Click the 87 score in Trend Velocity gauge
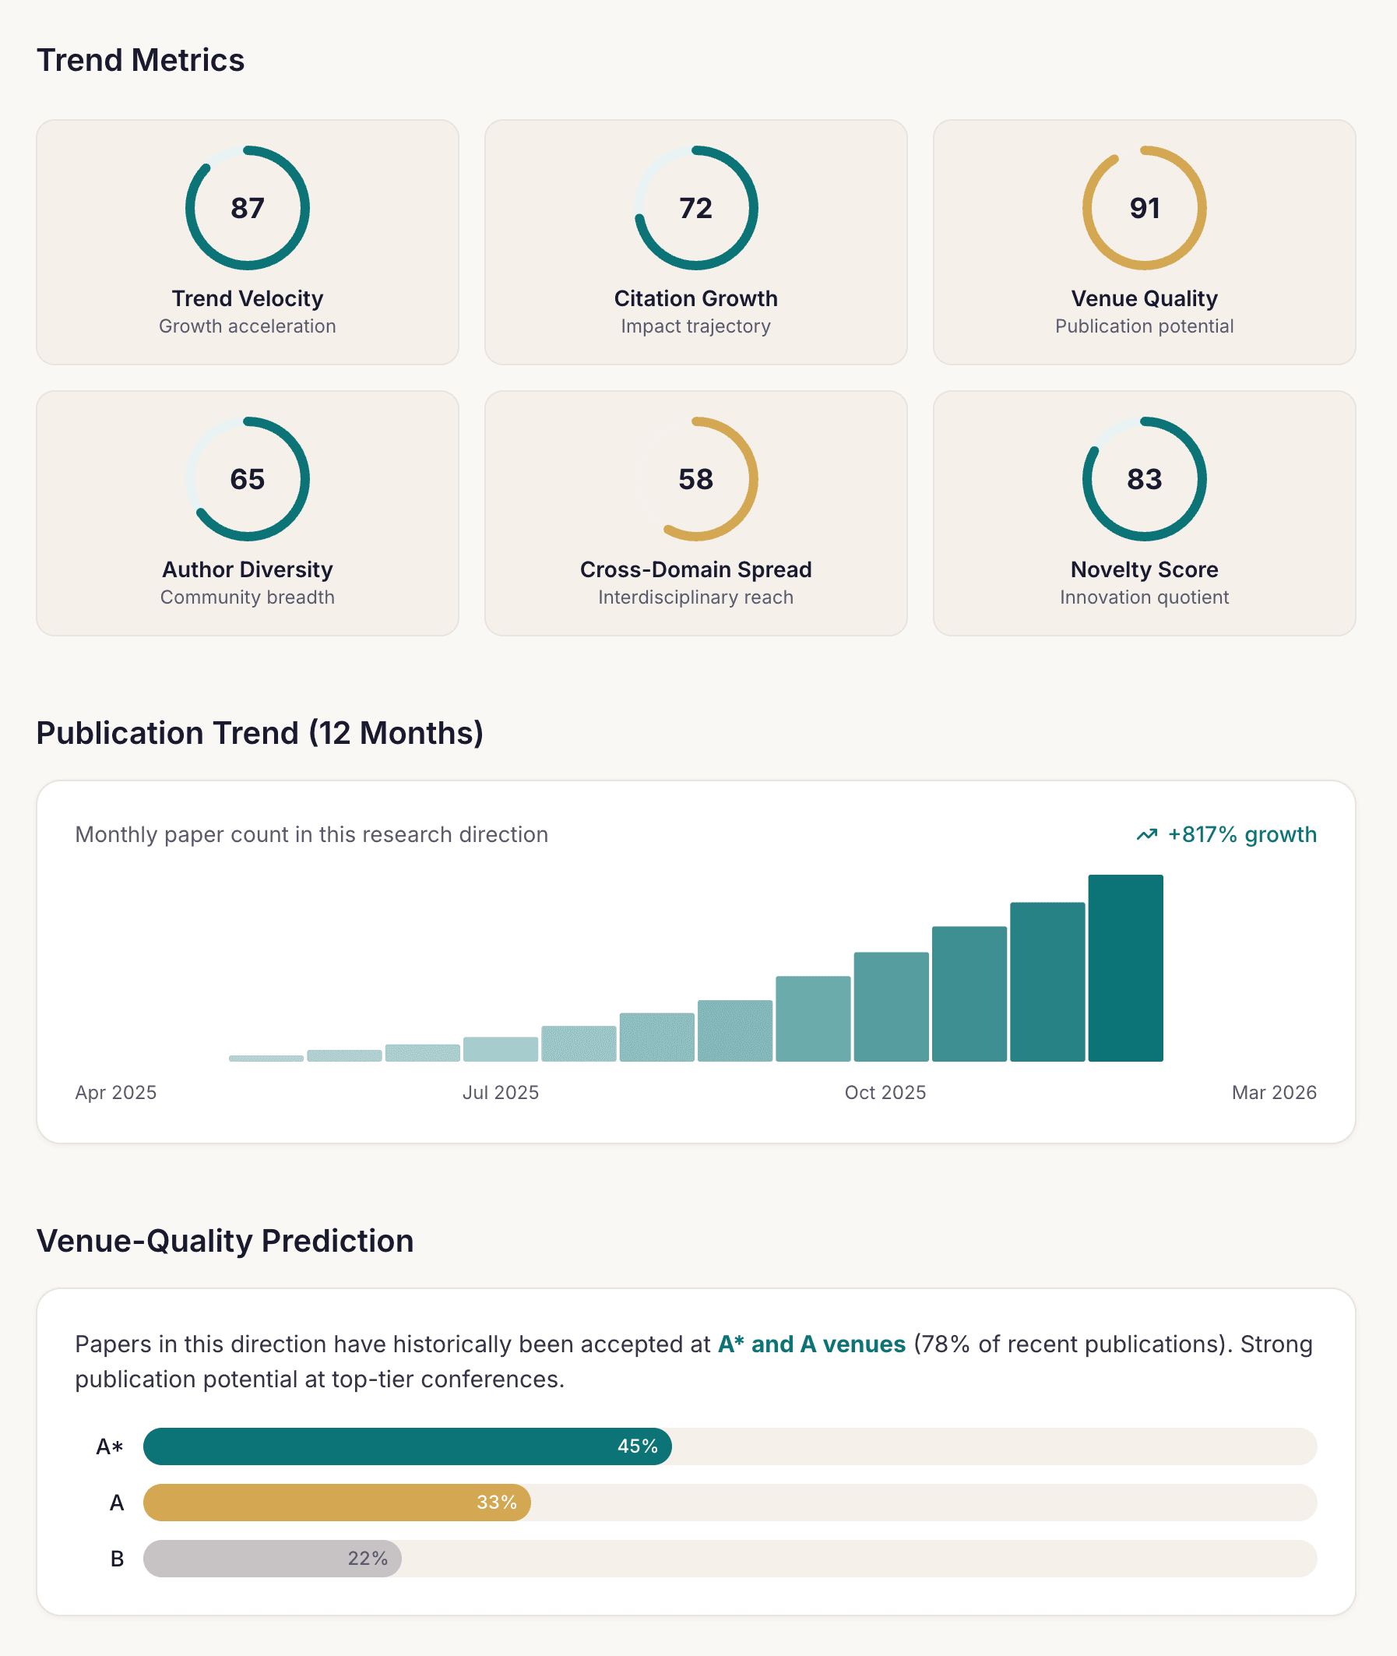[x=247, y=208]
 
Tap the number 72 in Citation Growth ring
[x=695, y=208]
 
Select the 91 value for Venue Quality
[x=1144, y=208]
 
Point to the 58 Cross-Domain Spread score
[x=695, y=479]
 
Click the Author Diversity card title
[x=247, y=569]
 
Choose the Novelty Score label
[x=1144, y=569]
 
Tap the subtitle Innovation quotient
[x=1144, y=597]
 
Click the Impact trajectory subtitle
[x=695, y=326]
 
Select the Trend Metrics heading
[x=140, y=60]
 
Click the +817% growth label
[x=1241, y=835]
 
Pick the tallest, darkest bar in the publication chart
[x=1124, y=967]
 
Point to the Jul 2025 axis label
[x=500, y=1092]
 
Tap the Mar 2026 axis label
[x=1273, y=1092]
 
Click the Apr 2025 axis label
[x=115, y=1092]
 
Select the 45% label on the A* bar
[x=638, y=1446]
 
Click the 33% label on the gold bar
[x=497, y=1503]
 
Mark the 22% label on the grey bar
[x=368, y=1559]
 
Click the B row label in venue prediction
[x=118, y=1559]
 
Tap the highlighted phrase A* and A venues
[x=811, y=1344]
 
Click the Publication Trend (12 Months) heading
[x=260, y=732]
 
